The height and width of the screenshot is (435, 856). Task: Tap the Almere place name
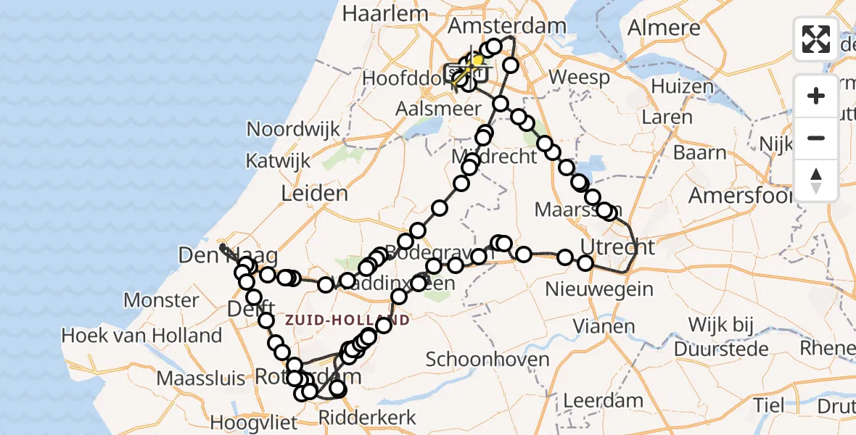[x=664, y=28]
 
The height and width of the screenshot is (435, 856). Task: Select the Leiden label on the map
[x=316, y=194]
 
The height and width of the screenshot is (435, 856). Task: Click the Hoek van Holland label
[x=141, y=336]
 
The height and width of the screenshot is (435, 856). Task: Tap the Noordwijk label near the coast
[x=293, y=129]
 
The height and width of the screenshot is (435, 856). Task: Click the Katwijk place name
[x=278, y=160]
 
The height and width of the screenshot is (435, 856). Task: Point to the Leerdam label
[x=603, y=400]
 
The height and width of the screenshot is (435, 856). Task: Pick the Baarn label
[x=699, y=152]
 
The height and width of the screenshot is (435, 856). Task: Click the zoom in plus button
[x=816, y=96]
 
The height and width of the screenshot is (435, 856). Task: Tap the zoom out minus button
[x=816, y=138]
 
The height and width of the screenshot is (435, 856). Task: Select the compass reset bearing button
[x=816, y=180]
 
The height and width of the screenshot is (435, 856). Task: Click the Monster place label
[x=161, y=300]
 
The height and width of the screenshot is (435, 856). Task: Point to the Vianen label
[x=604, y=326]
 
